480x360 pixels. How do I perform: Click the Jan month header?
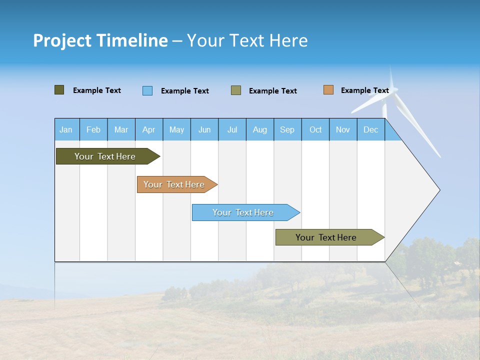click(x=66, y=129)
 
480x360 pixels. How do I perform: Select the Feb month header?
click(x=93, y=129)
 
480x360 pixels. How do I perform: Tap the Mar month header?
click(x=121, y=129)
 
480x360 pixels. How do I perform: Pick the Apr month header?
click(x=149, y=129)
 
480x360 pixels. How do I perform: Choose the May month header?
click(x=176, y=129)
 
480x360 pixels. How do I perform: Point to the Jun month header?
click(x=204, y=129)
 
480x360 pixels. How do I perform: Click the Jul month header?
click(x=232, y=129)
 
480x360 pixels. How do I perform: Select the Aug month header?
click(x=260, y=129)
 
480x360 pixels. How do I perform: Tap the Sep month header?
click(x=287, y=129)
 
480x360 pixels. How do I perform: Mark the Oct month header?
click(x=315, y=129)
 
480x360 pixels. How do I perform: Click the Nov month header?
click(x=343, y=129)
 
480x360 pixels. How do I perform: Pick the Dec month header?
click(x=371, y=129)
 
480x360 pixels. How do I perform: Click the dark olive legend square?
click(x=59, y=90)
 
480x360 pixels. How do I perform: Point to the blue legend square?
click(x=147, y=90)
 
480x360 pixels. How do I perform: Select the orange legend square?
click(x=328, y=90)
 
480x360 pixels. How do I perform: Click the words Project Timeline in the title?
click(x=100, y=40)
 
